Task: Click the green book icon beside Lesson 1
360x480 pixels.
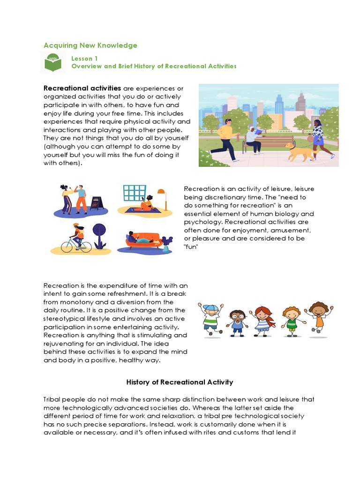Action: [53, 63]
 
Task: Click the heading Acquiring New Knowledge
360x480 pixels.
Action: [90, 45]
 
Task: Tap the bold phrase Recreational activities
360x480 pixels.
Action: [82, 88]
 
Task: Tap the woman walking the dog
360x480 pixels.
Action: [320, 138]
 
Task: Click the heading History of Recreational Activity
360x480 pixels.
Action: [180, 382]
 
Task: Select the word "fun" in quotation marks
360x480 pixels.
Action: [191, 247]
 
